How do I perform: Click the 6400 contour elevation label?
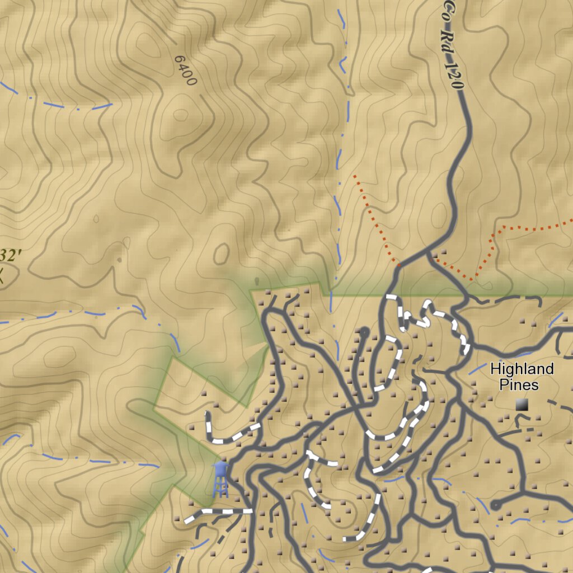186,71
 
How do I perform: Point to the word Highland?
522,369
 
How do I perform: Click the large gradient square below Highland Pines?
522,405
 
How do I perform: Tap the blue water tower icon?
220,479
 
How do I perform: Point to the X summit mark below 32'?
2,275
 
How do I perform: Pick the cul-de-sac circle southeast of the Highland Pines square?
495,505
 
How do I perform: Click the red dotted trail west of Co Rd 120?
372,215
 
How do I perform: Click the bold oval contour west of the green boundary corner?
222,253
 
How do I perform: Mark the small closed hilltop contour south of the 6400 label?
180,115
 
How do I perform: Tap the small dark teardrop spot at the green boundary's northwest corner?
256,281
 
